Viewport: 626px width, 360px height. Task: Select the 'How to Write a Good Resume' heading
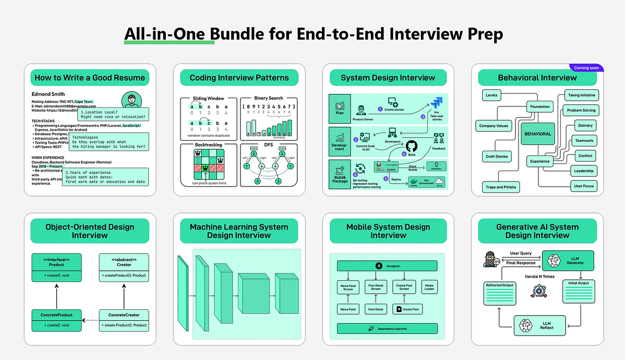click(x=90, y=78)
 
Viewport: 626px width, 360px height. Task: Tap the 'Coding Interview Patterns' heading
click(x=239, y=78)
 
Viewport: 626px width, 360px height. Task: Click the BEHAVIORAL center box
click(x=537, y=134)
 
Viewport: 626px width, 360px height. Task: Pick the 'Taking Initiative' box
click(x=581, y=95)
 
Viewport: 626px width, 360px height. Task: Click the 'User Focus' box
click(x=584, y=186)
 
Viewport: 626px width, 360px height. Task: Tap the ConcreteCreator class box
click(x=124, y=319)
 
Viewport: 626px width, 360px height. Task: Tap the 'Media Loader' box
click(x=429, y=286)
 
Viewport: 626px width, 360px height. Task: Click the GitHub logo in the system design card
click(x=412, y=146)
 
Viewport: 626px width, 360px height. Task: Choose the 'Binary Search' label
click(x=268, y=98)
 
